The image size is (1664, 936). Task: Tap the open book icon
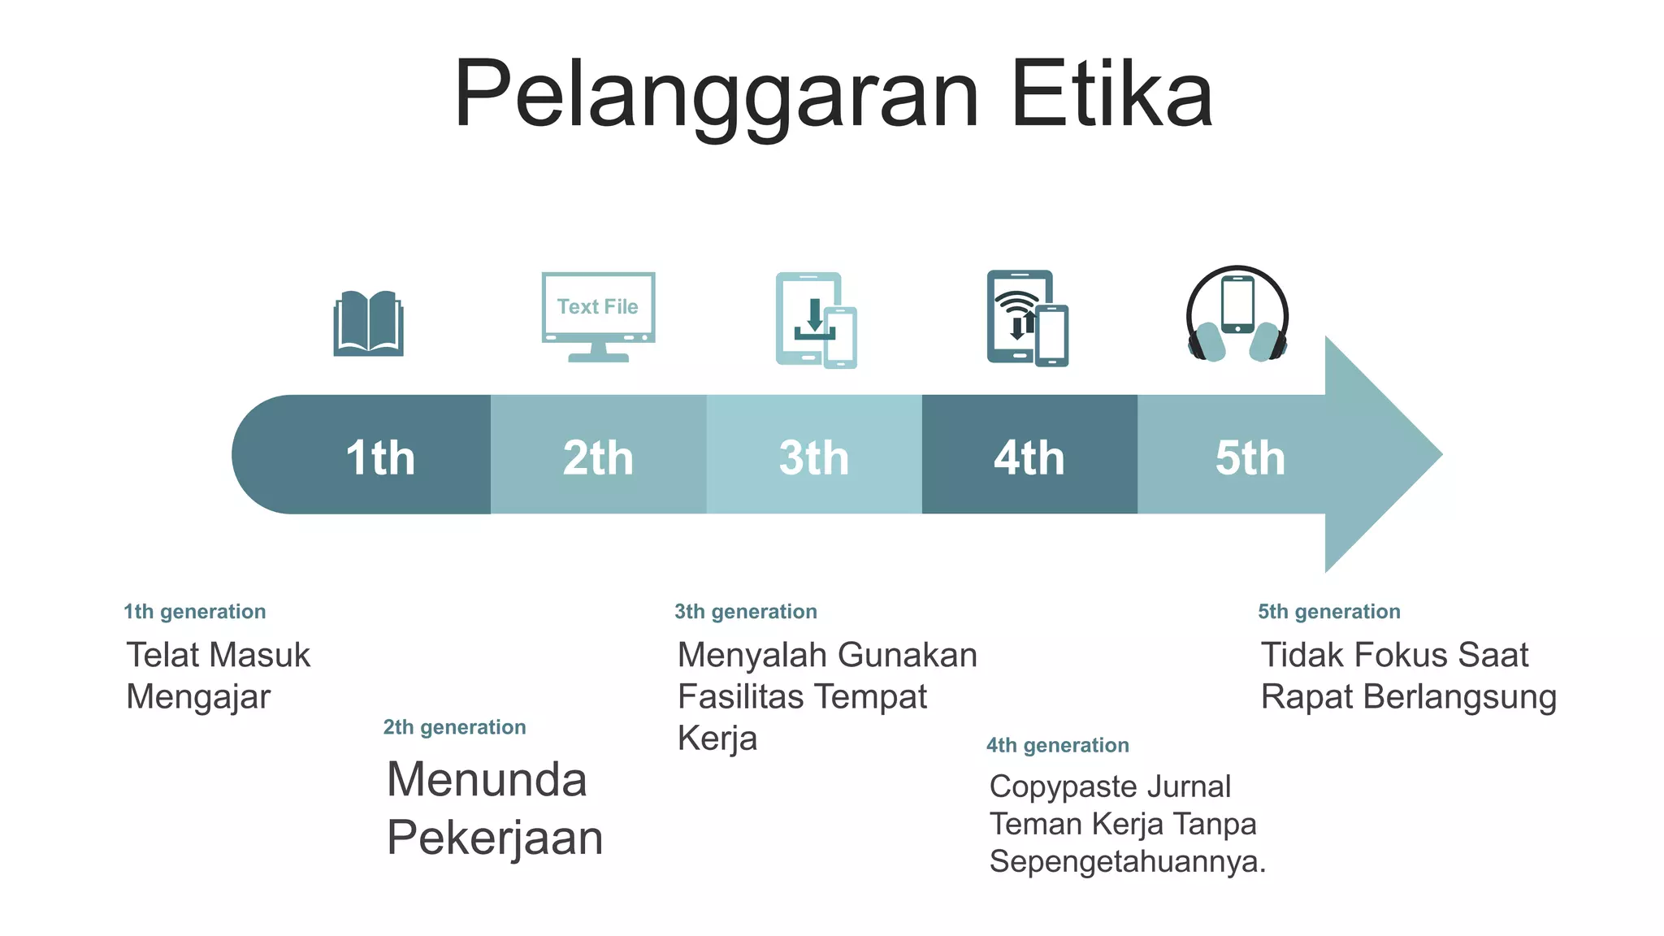368,323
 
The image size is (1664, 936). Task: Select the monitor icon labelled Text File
598,316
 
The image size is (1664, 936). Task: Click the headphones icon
1237,315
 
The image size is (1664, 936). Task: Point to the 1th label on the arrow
380,457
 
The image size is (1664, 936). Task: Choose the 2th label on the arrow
598,457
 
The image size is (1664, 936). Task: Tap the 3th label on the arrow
814,457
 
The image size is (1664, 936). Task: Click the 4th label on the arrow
1029,457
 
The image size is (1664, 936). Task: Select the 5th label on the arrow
1250,457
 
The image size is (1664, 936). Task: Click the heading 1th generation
195,612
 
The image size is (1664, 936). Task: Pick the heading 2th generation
455,727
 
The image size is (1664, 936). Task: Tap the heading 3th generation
746,612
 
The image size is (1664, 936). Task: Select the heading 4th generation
1058,745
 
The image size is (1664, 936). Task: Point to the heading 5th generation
1329,612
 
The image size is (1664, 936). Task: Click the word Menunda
487,780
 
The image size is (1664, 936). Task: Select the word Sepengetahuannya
1127,861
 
